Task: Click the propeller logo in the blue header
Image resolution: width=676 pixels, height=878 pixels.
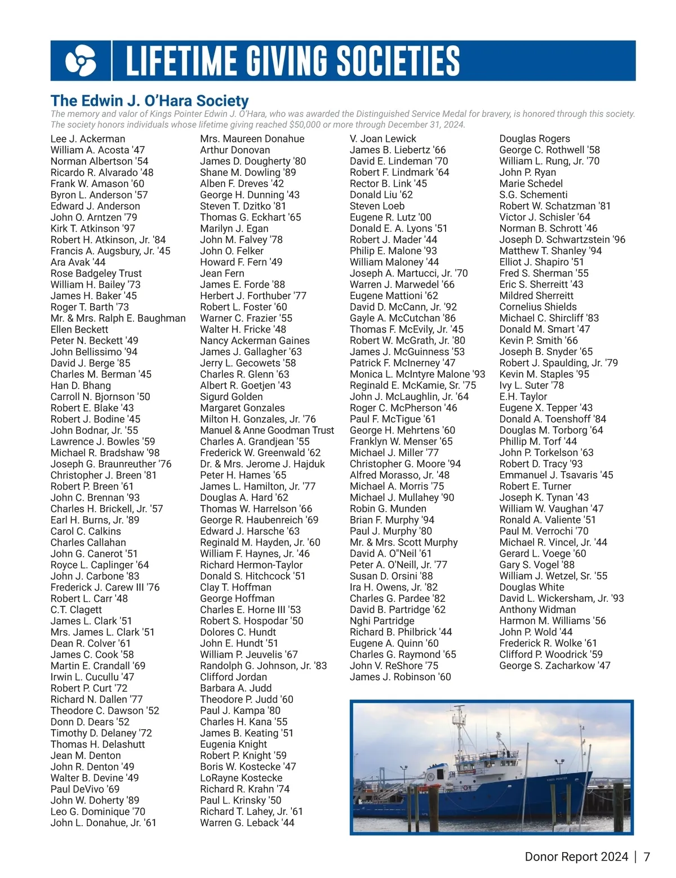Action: tap(81, 61)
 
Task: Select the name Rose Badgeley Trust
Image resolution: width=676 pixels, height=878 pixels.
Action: tap(96, 273)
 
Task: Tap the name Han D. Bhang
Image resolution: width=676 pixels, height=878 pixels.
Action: tap(81, 385)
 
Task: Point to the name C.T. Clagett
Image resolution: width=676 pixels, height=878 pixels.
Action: tap(76, 610)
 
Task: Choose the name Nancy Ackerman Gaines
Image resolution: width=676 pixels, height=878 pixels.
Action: tap(255, 340)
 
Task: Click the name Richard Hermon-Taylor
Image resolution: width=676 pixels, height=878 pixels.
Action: tap(251, 565)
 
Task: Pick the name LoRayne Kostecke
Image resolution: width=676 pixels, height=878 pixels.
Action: tap(241, 778)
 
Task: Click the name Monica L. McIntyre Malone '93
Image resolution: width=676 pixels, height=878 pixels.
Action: tap(417, 374)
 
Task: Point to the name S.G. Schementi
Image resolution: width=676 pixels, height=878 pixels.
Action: tap(533, 194)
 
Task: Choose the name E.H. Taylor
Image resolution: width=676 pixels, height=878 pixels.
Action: tap(523, 397)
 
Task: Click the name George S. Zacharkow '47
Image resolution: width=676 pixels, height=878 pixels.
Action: tap(554, 666)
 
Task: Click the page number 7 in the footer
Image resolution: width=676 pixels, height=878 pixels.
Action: tap(647, 857)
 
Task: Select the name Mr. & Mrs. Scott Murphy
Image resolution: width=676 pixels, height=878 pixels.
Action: tap(403, 542)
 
